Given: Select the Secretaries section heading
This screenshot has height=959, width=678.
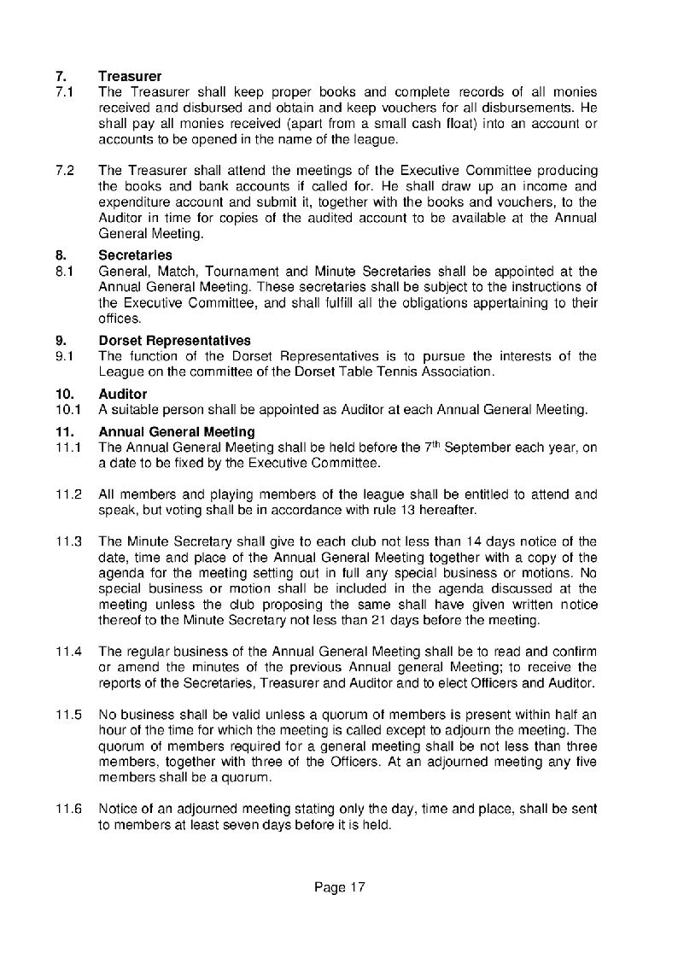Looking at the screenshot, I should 135,255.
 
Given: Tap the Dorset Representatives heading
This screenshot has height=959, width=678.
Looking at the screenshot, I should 174,341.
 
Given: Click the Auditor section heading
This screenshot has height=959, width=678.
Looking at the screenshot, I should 123,395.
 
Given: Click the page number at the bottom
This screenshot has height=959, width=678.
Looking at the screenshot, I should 339,888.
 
